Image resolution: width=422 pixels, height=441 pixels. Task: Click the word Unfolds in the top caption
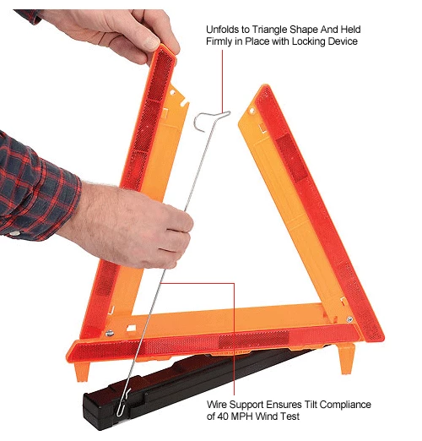click(x=223, y=29)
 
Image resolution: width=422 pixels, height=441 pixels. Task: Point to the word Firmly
click(x=220, y=41)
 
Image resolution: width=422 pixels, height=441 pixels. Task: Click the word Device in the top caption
click(x=371, y=41)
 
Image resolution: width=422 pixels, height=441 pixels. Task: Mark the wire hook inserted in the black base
click(x=125, y=397)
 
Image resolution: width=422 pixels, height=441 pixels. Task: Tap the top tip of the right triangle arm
click(x=264, y=89)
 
